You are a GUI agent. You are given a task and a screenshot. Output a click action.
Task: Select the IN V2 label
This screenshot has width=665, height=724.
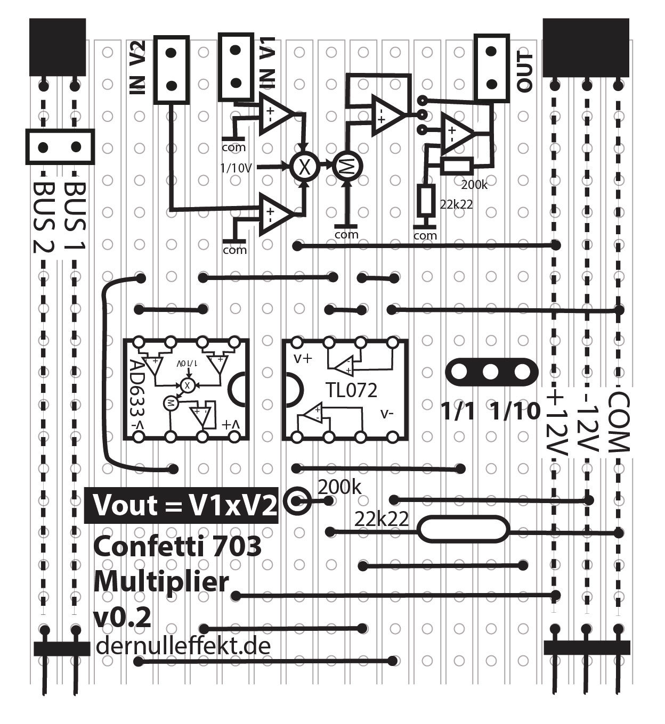(x=137, y=68)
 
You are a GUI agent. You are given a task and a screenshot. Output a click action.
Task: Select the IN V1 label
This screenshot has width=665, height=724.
(x=266, y=64)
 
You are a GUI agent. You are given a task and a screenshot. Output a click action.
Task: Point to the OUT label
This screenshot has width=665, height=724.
(x=524, y=73)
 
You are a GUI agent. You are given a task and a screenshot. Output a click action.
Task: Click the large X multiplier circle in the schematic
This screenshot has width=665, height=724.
(x=304, y=167)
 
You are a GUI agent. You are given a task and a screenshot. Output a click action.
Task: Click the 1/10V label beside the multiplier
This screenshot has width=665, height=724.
(x=236, y=168)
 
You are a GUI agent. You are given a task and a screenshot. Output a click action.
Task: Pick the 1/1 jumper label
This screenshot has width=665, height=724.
(x=458, y=411)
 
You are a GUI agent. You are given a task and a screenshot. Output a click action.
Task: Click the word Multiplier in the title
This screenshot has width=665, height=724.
(x=161, y=582)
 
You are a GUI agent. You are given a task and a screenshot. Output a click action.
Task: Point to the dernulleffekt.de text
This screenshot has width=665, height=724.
(x=183, y=646)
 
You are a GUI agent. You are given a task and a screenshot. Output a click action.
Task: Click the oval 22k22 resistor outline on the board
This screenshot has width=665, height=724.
(x=463, y=530)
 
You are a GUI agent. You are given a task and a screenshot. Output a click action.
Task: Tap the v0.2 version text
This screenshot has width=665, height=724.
(x=122, y=618)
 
